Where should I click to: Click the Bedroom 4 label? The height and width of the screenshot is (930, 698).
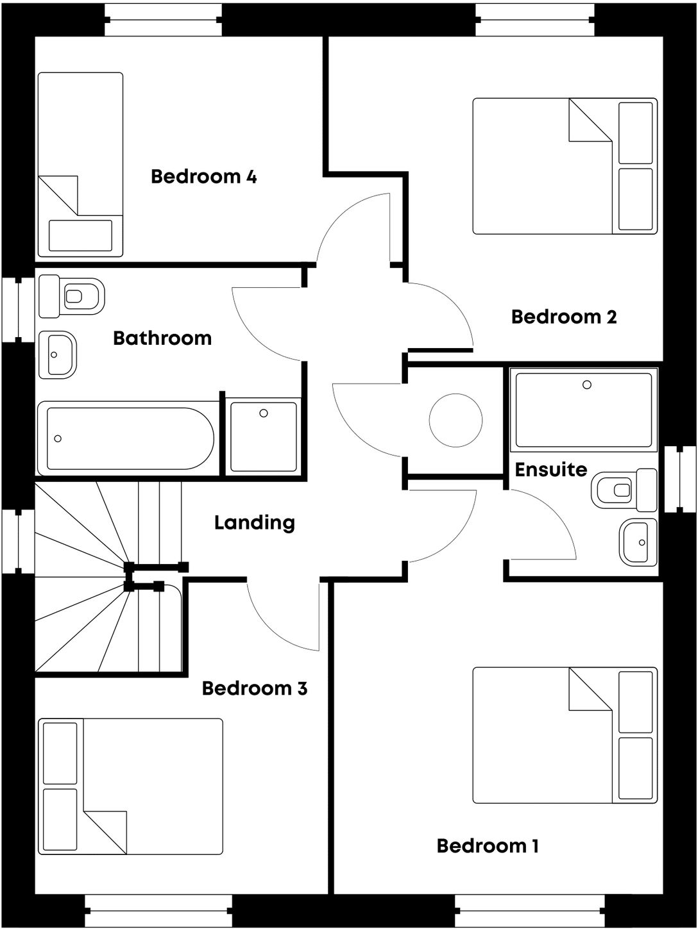(203, 176)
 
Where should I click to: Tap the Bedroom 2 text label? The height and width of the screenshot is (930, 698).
(563, 317)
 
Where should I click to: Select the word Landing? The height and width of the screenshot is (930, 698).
(254, 523)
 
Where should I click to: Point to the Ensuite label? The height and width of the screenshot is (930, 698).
(550, 470)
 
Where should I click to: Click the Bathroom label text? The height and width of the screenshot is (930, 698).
(162, 338)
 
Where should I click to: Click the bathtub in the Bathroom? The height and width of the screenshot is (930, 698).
(128, 438)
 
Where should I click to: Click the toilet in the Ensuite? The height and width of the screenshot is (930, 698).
(624, 490)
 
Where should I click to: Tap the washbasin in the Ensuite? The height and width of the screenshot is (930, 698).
(638, 542)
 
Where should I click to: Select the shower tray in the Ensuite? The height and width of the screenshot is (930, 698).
(584, 410)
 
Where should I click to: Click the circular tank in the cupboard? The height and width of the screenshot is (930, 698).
(455, 420)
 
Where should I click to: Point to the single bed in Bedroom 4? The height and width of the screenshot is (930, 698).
(80, 164)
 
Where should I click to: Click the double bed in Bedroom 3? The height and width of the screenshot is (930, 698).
(131, 786)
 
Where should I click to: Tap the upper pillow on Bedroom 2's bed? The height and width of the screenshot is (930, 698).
(636, 132)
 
